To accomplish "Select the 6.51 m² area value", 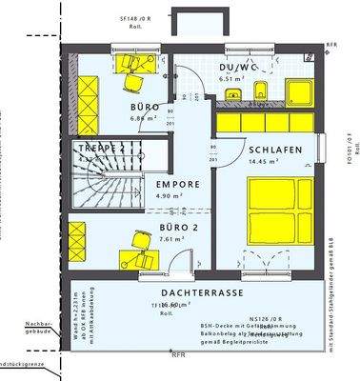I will tap(233, 80).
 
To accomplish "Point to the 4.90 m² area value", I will tap(160, 198).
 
